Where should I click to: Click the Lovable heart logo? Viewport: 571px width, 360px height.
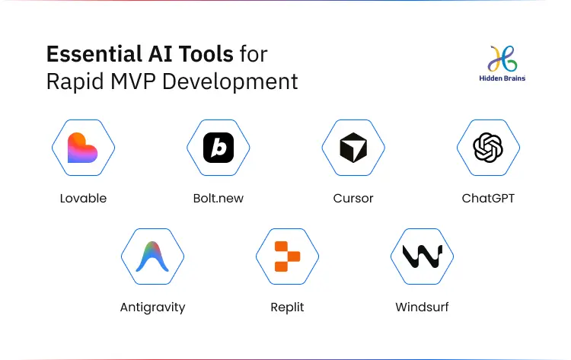coord(83,148)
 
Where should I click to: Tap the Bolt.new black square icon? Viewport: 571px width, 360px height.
coord(219,148)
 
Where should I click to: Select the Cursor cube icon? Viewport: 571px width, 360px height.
coord(353,148)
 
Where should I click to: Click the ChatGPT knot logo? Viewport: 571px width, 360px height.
coord(488,148)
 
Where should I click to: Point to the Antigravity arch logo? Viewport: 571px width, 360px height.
coord(152,256)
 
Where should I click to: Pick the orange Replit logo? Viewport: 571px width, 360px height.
coord(287,256)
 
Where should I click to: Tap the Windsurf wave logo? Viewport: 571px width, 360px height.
coord(422,256)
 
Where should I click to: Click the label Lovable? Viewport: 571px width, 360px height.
coord(83,199)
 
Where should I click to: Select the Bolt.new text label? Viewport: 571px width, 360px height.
coord(219,199)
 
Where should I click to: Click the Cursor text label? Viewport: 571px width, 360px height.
coord(353,199)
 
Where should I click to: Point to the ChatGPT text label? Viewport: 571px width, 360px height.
coord(488,199)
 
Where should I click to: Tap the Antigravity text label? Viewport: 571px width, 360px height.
coord(152,307)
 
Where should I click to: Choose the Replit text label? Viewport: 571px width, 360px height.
coord(287,307)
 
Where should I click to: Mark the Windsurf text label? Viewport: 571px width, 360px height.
coord(422,307)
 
